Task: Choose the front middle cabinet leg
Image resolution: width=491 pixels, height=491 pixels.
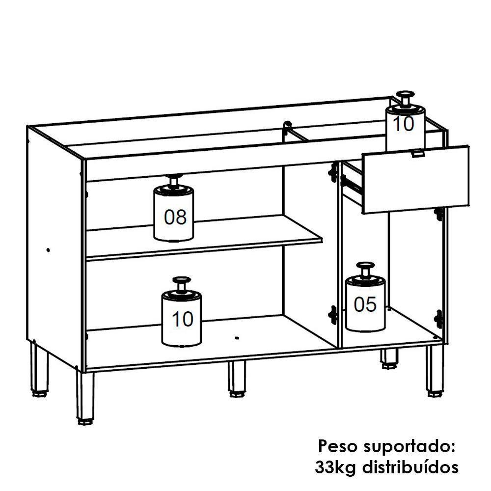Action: pos(237,378)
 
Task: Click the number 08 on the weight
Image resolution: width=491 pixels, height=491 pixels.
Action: pos(175,217)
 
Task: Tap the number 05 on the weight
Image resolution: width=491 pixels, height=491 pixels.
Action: pos(365,305)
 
